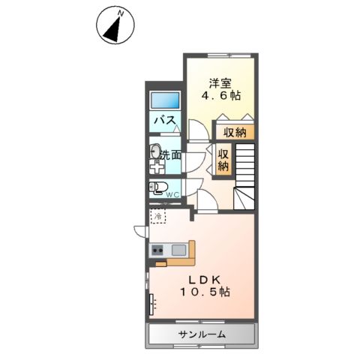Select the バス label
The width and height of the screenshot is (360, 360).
(x=165, y=120)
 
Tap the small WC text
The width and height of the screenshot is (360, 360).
(x=172, y=195)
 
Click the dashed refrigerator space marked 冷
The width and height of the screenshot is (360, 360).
(x=158, y=215)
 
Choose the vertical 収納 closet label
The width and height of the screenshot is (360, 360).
(x=223, y=160)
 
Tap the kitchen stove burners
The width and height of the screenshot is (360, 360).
(x=158, y=250)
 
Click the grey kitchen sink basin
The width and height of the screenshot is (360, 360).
(x=178, y=250)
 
